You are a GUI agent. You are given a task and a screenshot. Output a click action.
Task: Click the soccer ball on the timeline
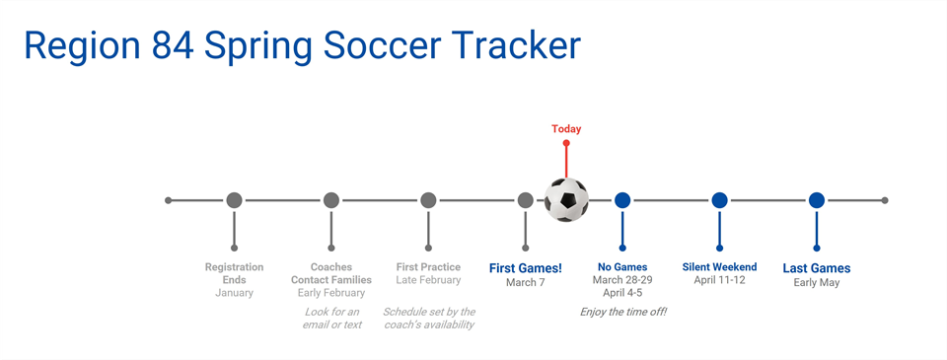(566, 200)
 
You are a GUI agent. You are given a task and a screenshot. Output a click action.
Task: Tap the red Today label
(566, 129)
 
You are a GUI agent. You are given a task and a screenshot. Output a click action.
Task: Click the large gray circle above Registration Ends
(234, 200)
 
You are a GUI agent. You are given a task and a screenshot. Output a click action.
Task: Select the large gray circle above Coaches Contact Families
(331, 200)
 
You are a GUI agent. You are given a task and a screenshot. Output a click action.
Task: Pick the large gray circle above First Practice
(428, 200)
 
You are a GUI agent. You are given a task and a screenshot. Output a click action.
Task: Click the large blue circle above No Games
(622, 200)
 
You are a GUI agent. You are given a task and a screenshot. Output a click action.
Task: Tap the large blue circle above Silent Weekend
(719, 200)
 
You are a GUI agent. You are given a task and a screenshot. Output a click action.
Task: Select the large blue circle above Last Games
(817, 200)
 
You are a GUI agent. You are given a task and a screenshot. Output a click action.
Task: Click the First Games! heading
(526, 267)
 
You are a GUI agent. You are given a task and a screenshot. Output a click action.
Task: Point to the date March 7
(526, 283)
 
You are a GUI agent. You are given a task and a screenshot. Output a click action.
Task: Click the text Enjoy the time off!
(622, 312)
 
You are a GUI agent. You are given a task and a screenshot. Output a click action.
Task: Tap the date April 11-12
(719, 281)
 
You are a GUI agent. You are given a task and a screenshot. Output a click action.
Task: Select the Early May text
(817, 283)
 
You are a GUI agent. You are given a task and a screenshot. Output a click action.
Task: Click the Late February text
(428, 281)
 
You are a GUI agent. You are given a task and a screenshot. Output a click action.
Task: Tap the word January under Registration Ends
(234, 293)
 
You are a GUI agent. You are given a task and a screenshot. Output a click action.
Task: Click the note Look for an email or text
(331, 318)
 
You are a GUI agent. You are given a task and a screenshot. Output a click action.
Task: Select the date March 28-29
(622, 280)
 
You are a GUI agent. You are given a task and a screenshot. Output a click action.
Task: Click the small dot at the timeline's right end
(885, 200)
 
